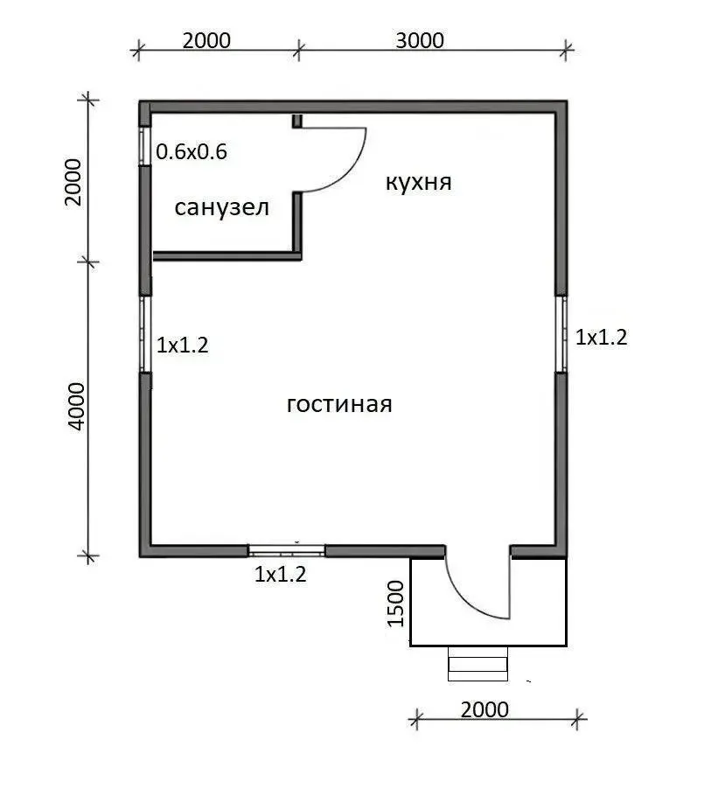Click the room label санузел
click(222, 208)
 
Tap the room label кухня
click(419, 182)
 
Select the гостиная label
click(339, 405)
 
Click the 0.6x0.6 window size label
click(192, 152)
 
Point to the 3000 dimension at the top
click(420, 40)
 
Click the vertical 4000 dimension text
click(77, 407)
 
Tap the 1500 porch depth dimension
click(395, 604)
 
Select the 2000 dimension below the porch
click(484, 709)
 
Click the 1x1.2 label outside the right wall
click(602, 337)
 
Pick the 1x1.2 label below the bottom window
click(281, 574)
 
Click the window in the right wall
click(561, 334)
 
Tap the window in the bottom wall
click(287, 551)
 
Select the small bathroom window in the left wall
click(145, 146)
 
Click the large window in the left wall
click(146, 334)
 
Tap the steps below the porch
click(478, 664)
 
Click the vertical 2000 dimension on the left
click(73, 182)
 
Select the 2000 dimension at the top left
click(206, 40)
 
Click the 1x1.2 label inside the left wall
click(183, 346)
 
